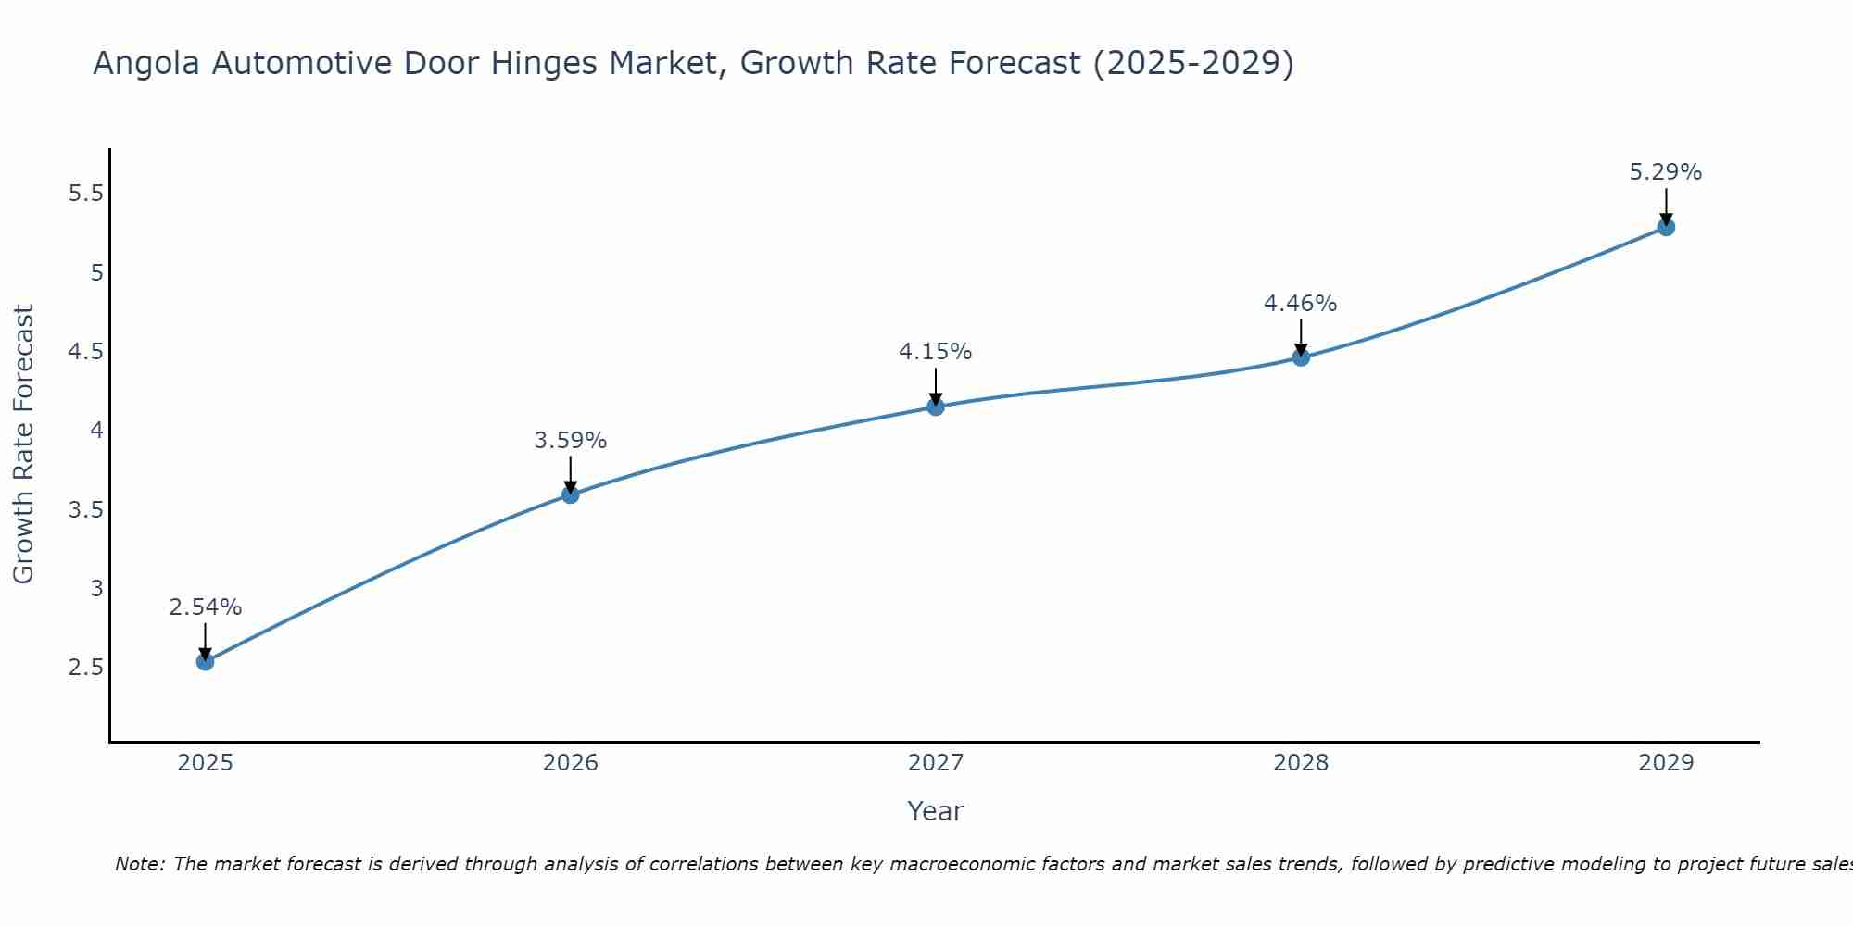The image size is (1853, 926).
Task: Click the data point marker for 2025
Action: [206, 661]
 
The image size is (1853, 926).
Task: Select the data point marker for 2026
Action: [571, 494]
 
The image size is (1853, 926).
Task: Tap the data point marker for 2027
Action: [936, 407]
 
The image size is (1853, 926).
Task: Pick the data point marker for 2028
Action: [1301, 357]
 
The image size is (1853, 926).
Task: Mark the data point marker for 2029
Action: [1666, 227]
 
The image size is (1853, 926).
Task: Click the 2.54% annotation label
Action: [206, 607]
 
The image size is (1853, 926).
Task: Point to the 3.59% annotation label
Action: [571, 441]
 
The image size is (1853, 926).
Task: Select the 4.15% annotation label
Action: [936, 352]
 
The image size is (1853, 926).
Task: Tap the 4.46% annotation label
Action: [1301, 304]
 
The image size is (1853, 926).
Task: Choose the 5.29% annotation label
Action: [1666, 172]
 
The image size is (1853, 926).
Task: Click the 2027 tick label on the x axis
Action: [936, 763]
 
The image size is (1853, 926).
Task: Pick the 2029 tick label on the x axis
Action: [1666, 763]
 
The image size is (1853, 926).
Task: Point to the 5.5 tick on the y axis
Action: [86, 194]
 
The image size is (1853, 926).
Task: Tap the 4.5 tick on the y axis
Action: [86, 352]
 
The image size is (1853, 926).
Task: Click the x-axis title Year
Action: [936, 811]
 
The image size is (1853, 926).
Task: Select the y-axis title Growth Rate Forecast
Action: [23, 444]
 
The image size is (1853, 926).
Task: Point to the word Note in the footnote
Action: [139, 864]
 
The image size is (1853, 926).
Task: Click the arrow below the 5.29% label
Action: [1666, 206]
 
